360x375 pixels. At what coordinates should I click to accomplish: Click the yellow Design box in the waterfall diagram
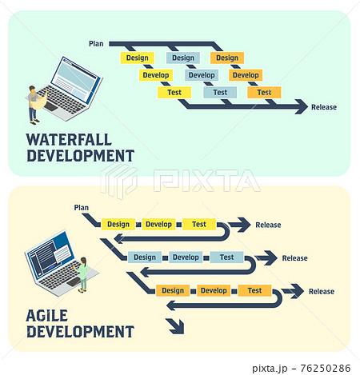(x=137, y=58)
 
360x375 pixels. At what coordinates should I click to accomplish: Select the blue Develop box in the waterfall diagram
(x=202, y=75)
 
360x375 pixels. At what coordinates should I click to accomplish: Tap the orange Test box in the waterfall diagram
(x=264, y=93)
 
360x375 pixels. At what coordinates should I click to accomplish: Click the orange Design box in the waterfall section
(x=227, y=58)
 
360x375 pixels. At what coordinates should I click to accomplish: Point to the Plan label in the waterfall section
(x=96, y=44)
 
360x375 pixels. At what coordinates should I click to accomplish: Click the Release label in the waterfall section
(x=324, y=107)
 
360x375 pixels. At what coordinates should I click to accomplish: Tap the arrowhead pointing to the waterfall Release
(x=302, y=107)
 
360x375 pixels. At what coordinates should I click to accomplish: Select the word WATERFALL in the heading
(x=69, y=140)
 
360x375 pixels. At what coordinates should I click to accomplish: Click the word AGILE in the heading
(x=47, y=316)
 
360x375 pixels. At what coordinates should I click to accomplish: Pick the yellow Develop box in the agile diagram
(x=158, y=224)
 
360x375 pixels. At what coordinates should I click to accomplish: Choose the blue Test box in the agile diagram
(x=226, y=257)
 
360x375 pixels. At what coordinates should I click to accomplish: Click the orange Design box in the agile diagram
(x=173, y=290)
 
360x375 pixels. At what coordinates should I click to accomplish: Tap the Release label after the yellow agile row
(x=268, y=225)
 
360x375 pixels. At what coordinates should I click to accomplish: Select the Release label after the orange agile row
(x=322, y=292)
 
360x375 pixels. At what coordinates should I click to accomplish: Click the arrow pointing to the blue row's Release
(x=266, y=257)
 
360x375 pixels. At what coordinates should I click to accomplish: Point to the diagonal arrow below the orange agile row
(x=175, y=326)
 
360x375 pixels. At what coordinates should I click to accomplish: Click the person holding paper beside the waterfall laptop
(x=35, y=105)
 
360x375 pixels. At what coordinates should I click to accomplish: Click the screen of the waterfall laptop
(x=75, y=80)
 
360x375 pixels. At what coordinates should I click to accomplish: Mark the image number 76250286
(x=326, y=369)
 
